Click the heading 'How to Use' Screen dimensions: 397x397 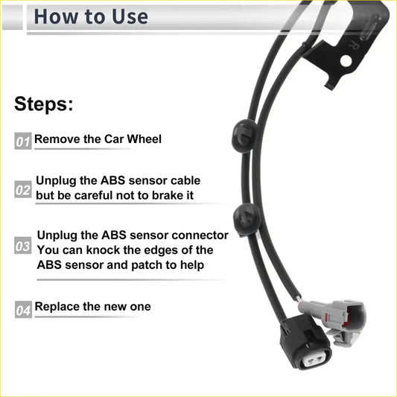click(x=91, y=16)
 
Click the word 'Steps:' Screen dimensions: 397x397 click(x=44, y=104)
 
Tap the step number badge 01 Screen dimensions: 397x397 click(x=23, y=141)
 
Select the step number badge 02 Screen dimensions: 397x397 click(x=23, y=191)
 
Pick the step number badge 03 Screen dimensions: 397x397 click(x=23, y=247)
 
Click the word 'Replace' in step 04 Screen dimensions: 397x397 click(x=58, y=306)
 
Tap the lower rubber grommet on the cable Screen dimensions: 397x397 click(x=247, y=217)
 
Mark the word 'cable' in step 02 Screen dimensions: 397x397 click(x=183, y=180)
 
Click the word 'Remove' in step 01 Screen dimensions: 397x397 click(x=57, y=139)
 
